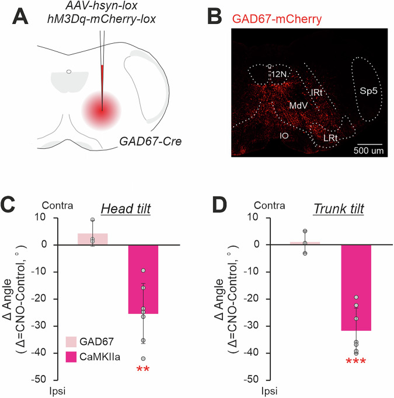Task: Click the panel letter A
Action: pos(19,16)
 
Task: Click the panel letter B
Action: pos(214,16)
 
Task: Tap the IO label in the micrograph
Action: pos(285,135)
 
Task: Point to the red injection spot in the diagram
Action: pos(100,109)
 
